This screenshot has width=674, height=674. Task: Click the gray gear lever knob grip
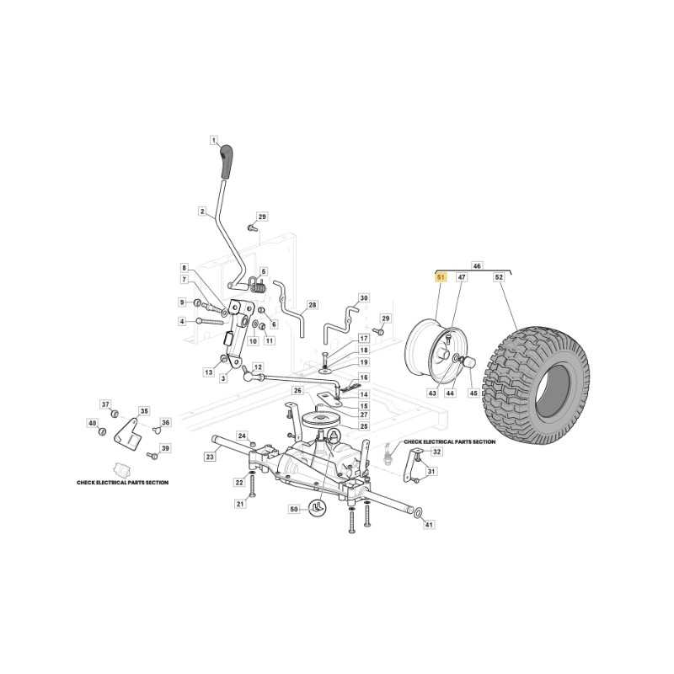pyautogui.click(x=226, y=162)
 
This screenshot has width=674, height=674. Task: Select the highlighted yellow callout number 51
pyautogui.click(x=441, y=278)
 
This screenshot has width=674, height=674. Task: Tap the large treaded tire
pyautogui.click(x=536, y=385)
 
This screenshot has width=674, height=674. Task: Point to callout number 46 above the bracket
pyautogui.click(x=477, y=266)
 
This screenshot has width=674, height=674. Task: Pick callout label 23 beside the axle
pyautogui.click(x=210, y=457)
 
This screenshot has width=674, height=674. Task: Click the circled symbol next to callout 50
pyautogui.click(x=318, y=508)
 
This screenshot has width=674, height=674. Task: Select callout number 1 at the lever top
pyautogui.click(x=214, y=140)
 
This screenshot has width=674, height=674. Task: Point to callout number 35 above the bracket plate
pyautogui.click(x=144, y=411)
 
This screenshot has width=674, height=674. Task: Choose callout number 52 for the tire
pyautogui.click(x=499, y=278)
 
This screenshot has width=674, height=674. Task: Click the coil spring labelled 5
pyautogui.click(x=258, y=285)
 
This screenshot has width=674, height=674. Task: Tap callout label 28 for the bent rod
pyautogui.click(x=313, y=305)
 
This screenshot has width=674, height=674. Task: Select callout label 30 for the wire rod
pyautogui.click(x=364, y=298)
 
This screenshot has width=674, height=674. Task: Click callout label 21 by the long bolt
pyautogui.click(x=241, y=504)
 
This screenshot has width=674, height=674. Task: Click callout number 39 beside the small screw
pyautogui.click(x=165, y=448)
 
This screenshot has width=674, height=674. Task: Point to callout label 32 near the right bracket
pyautogui.click(x=436, y=452)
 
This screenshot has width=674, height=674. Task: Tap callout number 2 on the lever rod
pyautogui.click(x=202, y=211)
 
